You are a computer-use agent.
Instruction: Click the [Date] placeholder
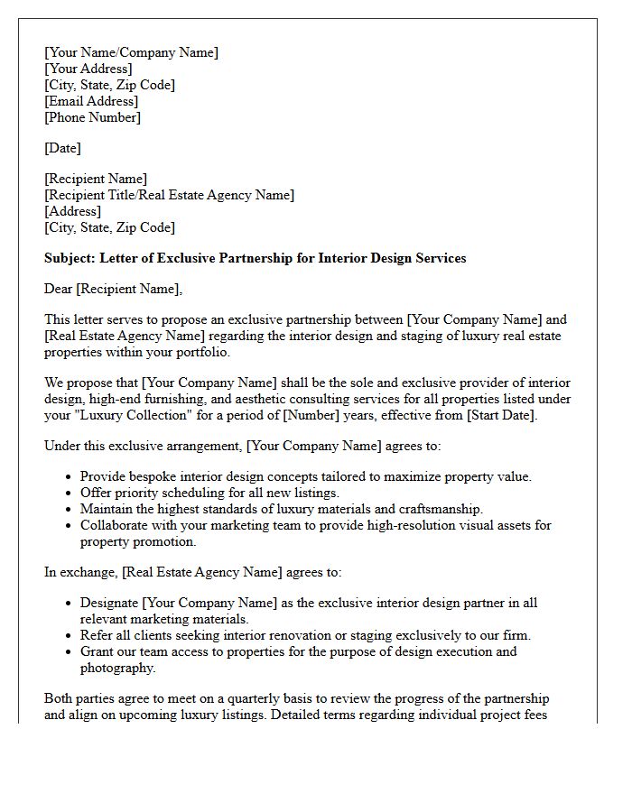point(62,148)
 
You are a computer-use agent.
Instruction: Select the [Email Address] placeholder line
point(91,101)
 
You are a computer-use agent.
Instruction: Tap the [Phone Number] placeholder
point(92,117)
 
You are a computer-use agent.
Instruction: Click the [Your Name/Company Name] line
point(131,52)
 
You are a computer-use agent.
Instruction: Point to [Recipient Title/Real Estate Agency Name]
point(169,195)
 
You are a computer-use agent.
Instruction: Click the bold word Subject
point(70,258)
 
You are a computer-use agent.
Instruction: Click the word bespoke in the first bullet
point(152,476)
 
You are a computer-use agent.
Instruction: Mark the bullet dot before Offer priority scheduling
point(70,494)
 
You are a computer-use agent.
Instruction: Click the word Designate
point(110,603)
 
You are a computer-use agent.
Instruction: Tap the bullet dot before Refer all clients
point(70,636)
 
